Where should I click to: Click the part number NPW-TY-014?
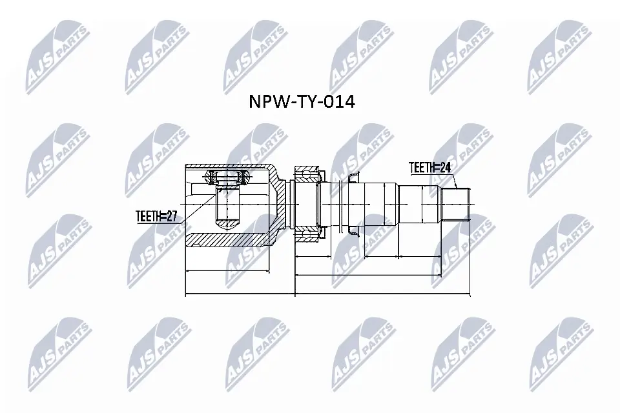tap(302, 102)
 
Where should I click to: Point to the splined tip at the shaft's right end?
tap(455, 205)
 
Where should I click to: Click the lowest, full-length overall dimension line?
tap(328, 296)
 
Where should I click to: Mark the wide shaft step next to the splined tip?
tap(420, 205)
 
